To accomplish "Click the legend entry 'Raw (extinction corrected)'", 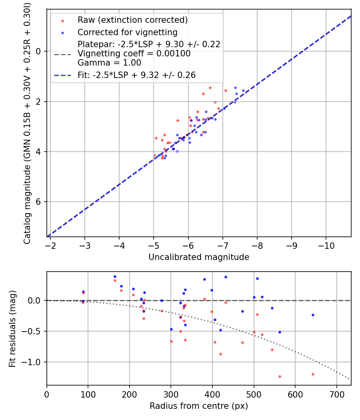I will tap(132, 20).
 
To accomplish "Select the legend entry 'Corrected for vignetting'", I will tap(127, 32).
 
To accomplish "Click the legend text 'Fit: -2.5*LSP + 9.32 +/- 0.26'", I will tap(136, 75).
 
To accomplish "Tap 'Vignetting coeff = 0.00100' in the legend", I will tap(134, 54).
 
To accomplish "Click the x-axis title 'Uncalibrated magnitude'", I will tap(199, 257).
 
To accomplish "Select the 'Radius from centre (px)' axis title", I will tap(199, 406).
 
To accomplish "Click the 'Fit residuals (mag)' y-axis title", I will tap(12, 329).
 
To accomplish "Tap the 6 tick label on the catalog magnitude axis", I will tap(39, 202).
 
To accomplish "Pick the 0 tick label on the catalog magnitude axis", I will tap(39, 51).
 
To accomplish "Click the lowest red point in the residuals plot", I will tap(280, 376).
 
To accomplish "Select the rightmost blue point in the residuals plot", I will tap(313, 315).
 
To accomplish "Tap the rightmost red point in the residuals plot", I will tap(313, 374).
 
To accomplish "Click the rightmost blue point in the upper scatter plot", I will tap(243, 90).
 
